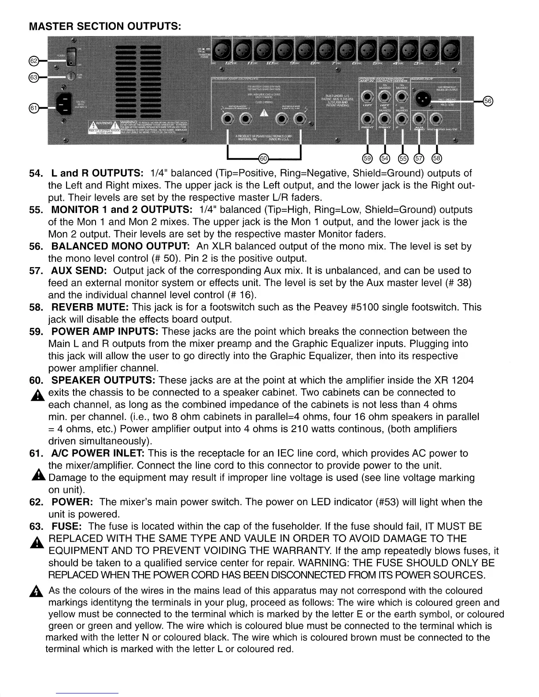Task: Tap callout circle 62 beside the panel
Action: (x=33, y=60)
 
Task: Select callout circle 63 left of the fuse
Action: (x=33, y=77)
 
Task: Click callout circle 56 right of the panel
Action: (x=487, y=101)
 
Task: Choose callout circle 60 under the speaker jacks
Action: (x=263, y=158)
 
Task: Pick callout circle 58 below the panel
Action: (x=436, y=158)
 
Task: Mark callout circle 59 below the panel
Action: (x=366, y=158)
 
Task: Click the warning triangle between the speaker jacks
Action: (x=263, y=113)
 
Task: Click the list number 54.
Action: (x=35, y=173)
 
